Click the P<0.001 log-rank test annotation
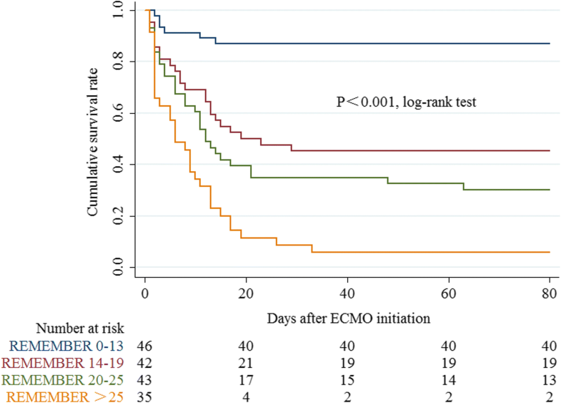tap(406, 102)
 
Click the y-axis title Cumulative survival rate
tap(93, 139)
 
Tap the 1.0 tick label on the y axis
tap(118, 10)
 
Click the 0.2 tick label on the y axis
tap(118, 216)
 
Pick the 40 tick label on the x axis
tap(347, 295)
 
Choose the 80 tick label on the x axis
tap(549, 295)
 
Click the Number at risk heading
tap(81, 329)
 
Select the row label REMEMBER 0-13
tap(65, 346)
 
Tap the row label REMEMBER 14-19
tap(62, 362)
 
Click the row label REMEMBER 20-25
tap(62, 378)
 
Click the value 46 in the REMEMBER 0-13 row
tap(145, 346)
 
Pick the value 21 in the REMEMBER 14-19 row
tap(246, 362)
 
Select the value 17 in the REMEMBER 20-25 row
tap(246, 378)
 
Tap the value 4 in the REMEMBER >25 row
tap(246, 394)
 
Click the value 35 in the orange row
tap(145, 394)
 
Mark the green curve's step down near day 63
tap(464, 186)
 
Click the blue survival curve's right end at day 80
tap(549, 44)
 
